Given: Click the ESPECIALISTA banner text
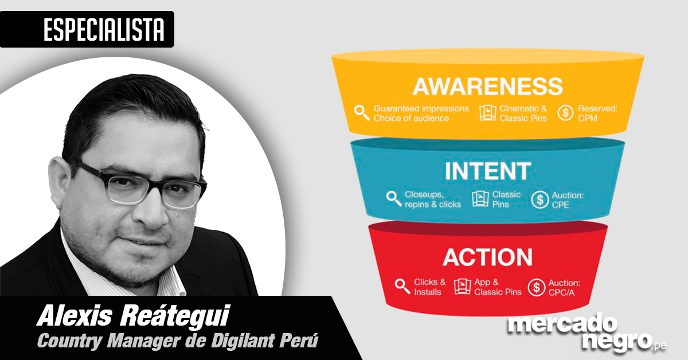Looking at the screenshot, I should point(103,29).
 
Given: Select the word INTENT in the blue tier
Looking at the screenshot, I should point(487,171).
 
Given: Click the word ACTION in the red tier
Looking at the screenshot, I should point(487,256).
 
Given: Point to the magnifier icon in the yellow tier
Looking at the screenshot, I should point(362,112).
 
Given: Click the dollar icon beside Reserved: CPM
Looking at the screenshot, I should point(566,112).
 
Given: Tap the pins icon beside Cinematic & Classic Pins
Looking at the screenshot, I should point(487,112).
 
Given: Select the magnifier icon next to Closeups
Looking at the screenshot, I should point(394,199).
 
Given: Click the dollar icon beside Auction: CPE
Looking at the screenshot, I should point(540,199).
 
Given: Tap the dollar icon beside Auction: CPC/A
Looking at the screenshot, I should point(536,287).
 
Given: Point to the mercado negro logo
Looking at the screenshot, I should point(585,332).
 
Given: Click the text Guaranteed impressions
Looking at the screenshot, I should point(421,108).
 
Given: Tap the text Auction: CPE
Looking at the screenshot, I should point(568,199).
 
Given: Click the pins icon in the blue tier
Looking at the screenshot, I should point(480,199).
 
